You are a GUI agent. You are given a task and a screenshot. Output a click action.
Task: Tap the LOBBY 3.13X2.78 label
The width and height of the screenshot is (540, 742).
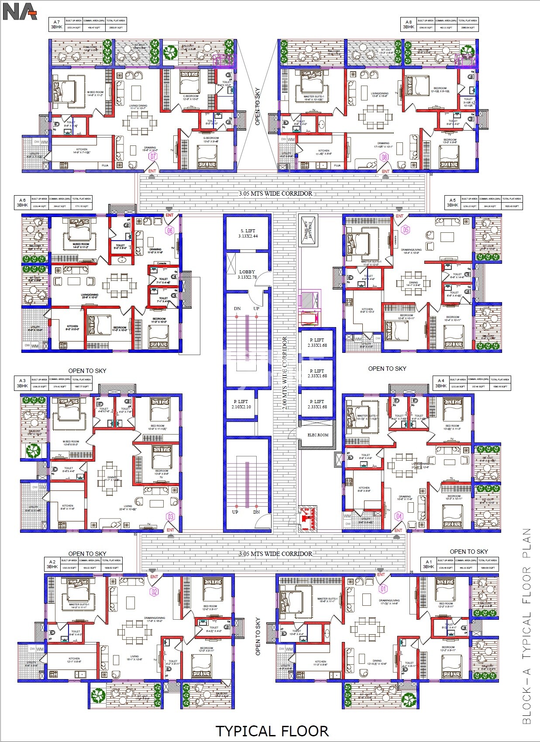point(247,274)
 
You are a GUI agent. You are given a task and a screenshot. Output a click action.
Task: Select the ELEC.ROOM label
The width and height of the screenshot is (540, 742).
point(318,435)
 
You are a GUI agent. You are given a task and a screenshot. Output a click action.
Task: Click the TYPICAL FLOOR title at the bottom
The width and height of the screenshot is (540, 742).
point(272,731)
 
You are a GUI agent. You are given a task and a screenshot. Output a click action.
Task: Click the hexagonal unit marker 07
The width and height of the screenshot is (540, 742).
point(153,156)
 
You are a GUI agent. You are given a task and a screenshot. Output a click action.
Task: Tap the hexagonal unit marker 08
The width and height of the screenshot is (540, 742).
point(384,157)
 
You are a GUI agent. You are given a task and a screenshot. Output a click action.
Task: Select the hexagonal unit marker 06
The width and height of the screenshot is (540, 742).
point(169,230)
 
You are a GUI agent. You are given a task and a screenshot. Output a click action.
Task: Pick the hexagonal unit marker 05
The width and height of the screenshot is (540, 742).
point(406,230)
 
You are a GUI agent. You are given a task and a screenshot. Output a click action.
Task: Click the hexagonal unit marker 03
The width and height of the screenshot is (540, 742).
point(170,517)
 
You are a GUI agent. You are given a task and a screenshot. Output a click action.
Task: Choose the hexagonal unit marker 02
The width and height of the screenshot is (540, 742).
point(154,592)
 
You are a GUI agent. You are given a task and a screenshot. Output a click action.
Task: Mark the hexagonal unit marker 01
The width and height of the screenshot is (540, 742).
point(383,589)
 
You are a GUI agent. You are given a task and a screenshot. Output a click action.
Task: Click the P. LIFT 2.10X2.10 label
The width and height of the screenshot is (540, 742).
point(241,404)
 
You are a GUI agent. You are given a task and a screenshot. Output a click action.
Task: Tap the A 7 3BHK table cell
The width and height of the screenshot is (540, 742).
point(56,24)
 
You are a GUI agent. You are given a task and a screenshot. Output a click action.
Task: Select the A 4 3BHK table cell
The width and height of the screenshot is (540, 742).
point(441,383)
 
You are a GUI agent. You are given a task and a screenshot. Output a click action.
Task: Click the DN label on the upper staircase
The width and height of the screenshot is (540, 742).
point(237,308)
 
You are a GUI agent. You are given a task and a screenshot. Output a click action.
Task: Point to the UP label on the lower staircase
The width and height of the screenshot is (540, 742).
point(235,512)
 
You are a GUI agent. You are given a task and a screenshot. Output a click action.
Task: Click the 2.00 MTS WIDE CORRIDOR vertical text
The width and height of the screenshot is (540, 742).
point(285,373)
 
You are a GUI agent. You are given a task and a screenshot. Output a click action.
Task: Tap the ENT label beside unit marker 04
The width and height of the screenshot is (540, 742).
point(398,531)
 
